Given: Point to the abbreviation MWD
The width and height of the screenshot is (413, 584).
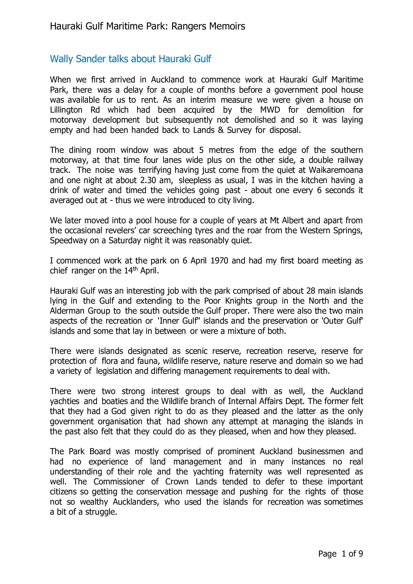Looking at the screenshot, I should tap(270, 110).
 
